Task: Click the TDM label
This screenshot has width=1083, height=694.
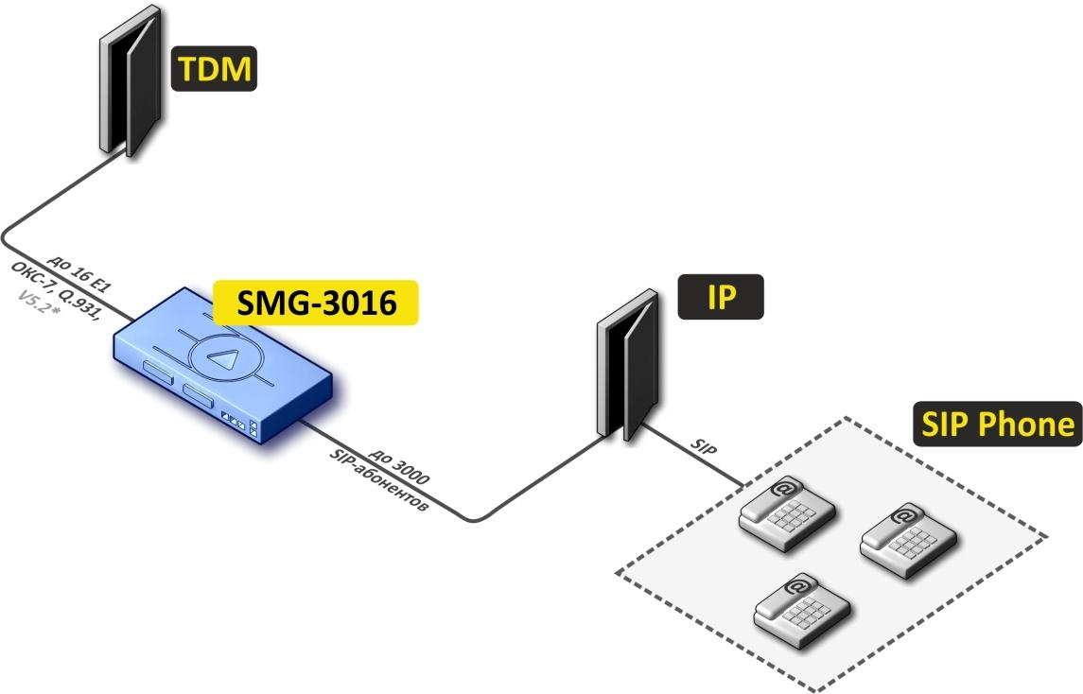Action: point(213,71)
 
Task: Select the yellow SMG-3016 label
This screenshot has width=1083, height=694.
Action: point(316,303)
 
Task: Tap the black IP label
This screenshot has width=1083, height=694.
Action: point(721,299)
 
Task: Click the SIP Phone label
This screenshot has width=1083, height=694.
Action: point(997,425)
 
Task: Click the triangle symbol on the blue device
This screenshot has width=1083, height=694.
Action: point(222,358)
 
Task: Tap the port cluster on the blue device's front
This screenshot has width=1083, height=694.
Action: point(240,422)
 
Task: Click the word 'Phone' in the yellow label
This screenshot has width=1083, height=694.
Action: point(1025,425)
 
